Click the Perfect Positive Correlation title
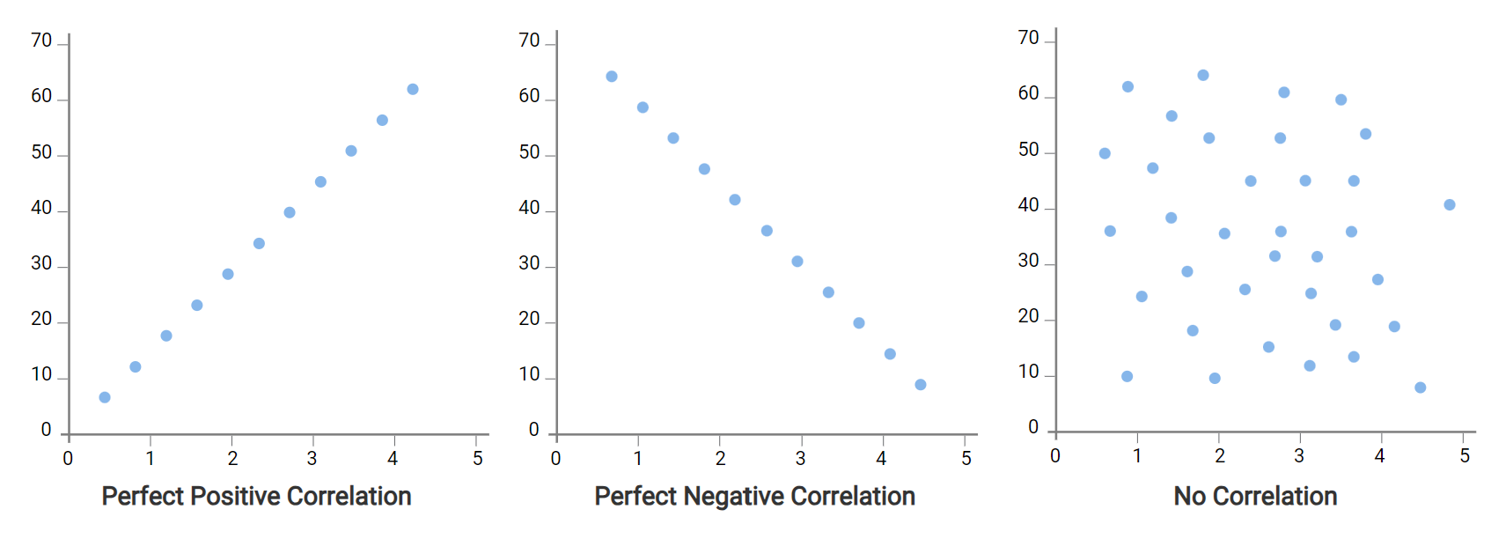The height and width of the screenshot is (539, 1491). tap(256, 497)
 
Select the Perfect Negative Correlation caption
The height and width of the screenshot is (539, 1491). tap(754, 497)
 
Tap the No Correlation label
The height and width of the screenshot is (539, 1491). tap(1255, 497)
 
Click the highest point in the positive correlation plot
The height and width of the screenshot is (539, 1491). tap(413, 89)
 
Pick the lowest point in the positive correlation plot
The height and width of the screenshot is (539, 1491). tap(105, 397)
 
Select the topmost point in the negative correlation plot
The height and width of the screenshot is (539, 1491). tap(612, 77)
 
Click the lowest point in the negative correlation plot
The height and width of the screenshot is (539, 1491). tap(921, 385)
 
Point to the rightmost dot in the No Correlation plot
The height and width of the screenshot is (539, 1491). tap(1450, 205)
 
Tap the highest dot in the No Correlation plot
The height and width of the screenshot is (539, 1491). tap(1203, 76)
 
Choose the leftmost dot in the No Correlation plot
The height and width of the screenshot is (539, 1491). tap(1105, 153)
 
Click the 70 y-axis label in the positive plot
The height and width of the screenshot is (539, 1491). tap(41, 41)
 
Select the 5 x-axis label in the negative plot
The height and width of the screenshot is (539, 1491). tap(966, 458)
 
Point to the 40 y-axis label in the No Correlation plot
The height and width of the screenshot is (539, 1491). tap(1028, 205)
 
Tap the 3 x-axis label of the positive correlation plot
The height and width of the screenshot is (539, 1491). tap(312, 458)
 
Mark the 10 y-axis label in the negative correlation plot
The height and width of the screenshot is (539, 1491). tap(529, 375)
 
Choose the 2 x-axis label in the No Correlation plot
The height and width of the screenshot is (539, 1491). tap(1220, 456)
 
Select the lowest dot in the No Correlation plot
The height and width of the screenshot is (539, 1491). tap(1420, 388)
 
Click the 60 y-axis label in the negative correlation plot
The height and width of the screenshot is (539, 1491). tap(529, 96)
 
